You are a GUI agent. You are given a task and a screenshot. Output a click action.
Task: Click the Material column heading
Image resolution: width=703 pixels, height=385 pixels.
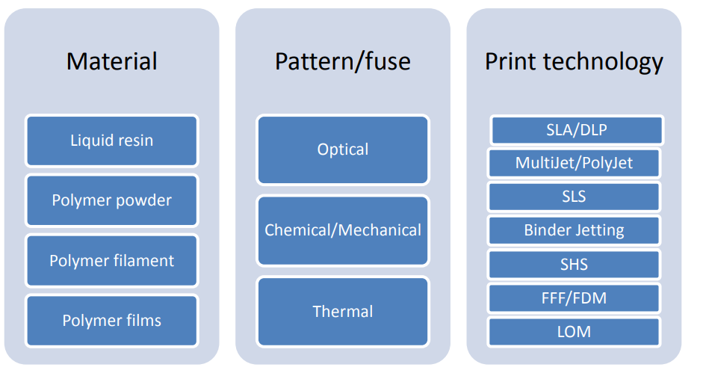pyautogui.click(x=111, y=61)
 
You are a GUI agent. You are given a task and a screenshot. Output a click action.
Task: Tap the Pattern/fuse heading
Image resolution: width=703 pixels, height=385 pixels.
pyautogui.click(x=342, y=61)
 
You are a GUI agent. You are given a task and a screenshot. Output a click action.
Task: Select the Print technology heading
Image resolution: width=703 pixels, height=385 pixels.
pyautogui.click(x=574, y=62)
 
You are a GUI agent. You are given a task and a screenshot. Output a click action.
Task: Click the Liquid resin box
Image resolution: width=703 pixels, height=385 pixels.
pyautogui.click(x=111, y=141)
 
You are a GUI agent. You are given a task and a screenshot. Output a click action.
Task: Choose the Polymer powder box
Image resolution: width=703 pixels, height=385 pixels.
pyautogui.click(x=111, y=200)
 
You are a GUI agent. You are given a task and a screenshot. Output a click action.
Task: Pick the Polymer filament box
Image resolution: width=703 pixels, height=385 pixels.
pyautogui.click(x=111, y=261)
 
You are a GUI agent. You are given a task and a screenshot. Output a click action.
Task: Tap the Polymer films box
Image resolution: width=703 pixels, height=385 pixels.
pyautogui.click(x=111, y=321)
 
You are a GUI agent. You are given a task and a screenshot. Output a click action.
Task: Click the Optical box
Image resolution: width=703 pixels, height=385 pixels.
pyautogui.click(x=343, y=150)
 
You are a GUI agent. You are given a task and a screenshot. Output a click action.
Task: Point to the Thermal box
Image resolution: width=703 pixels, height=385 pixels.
pyautogui.click(x=343, y=312)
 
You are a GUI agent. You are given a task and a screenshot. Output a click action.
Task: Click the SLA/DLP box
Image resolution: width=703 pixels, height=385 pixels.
pyautogui.click(x=577, y=130)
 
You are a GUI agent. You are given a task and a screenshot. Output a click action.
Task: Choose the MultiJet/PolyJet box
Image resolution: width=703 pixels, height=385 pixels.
pyautogui.click(x=574, y=163)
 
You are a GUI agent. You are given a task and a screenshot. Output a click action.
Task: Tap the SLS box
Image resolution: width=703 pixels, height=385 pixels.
pyautogui.click(x=574, y=197)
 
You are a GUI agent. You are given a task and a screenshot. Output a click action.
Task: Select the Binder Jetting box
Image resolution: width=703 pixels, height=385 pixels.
pyautogui.click(x=574, y=230)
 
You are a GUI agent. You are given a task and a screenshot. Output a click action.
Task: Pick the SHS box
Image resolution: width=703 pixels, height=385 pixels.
pyautogui.click(x=574, y=265)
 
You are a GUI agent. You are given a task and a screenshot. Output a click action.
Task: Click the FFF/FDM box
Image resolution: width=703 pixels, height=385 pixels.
pyautogui.click(x=574, y=298)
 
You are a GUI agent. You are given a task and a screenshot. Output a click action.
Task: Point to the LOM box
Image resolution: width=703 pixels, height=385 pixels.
pyautogui.click(x=574, y=332)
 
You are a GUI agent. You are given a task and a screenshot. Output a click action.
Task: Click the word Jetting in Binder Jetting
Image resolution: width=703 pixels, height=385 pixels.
pyautogui.click(x=595, y=231)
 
